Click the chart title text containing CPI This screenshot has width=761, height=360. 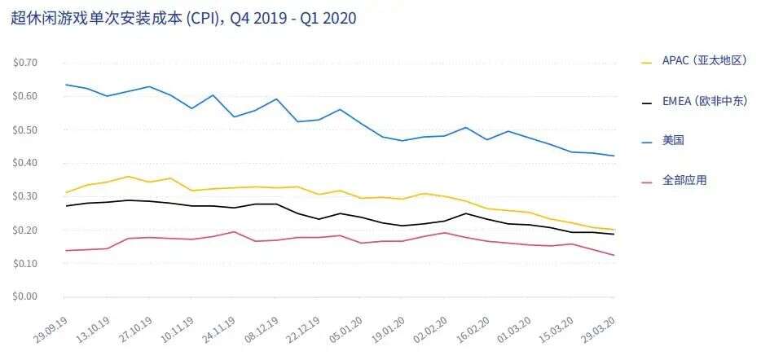click(183, 18)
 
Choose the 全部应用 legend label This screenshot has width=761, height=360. click(684, 180)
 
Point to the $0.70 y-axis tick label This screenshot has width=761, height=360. click(25, 63)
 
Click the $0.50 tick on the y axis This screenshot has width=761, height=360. click(25, 130)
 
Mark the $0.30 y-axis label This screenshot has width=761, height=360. click(25, 196)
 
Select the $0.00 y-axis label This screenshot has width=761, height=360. click(25, 296)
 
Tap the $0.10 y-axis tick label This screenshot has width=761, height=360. click(25, 263)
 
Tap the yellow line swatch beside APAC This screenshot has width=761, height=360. click(648, 62)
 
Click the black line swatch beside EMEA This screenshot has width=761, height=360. click(648, 102)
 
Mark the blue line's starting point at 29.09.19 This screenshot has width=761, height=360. click(66, 85)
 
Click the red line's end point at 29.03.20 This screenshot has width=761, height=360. click(614, 255)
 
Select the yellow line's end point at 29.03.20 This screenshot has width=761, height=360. click(614, 230)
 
